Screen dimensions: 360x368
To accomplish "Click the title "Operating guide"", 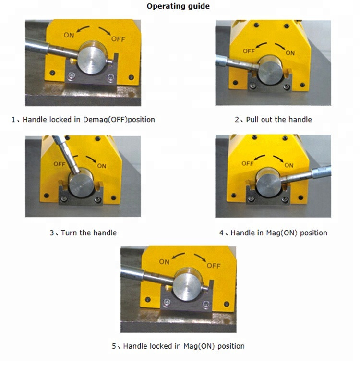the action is click(x=178, y=6).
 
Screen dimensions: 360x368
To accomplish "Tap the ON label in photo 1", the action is click(x=69, y=35).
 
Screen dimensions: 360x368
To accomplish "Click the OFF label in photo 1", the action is click(x=118, y=39).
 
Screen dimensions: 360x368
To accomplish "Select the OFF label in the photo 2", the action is click(x=249, y=51).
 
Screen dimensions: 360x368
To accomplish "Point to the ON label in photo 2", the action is click(x=290, y=53).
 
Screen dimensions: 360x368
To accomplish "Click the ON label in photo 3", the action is click(x=102, y=166).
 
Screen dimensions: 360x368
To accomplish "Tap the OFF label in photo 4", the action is click(x=248, y=163).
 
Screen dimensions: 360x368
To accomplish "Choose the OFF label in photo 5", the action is click(x=214, y=266).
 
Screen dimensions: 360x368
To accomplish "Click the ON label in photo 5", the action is click(x=164, y=262).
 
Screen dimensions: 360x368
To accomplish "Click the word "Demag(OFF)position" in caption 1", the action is click(x=119, y=120).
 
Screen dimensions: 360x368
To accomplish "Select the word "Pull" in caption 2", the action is click(x=252, y=120).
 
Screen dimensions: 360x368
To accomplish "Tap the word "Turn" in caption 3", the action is click(x=69, y=233).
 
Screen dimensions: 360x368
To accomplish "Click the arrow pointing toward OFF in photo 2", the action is click(x=261, y=45).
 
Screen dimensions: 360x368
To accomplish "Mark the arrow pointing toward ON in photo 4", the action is click(x=278, y=159).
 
